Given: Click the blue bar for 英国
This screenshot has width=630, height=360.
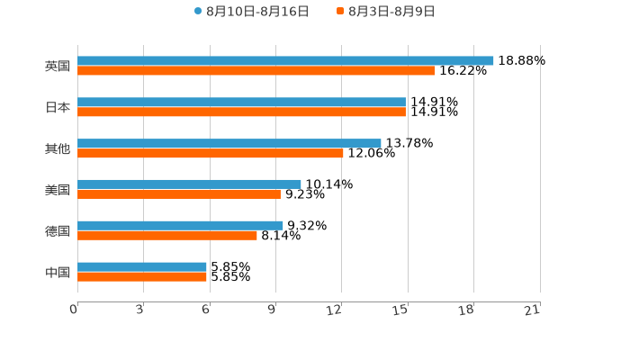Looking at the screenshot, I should (x=285, y=60).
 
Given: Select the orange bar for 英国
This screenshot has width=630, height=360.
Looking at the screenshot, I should (x=256, y=70).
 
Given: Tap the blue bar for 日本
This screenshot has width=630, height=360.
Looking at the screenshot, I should (x=241, y=102).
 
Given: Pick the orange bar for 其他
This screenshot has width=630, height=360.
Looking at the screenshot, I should (x=211, y=153).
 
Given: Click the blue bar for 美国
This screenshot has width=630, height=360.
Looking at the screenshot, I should (x=189, y=184).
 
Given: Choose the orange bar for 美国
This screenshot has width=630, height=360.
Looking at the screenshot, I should (x=179, y=193).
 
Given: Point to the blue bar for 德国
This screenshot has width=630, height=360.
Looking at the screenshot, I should (x=180, y=225).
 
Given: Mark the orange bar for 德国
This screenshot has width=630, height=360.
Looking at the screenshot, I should (x=167, y=235).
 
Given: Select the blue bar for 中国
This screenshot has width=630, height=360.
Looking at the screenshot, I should (x=142, y=266).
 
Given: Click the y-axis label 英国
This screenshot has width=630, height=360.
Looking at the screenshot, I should (x=58, y=66).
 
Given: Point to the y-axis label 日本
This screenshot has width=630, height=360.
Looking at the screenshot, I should (x=58, y=107).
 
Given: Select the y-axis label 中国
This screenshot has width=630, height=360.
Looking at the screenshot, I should (x=58, y=272).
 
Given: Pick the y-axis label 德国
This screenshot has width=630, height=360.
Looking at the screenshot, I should (x=58, y=230).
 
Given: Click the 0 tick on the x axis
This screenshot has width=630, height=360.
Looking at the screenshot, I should (x=74, y=310).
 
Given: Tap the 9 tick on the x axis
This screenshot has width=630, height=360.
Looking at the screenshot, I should (x=272, y=310).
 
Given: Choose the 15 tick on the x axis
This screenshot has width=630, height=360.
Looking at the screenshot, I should (x=400, y=310).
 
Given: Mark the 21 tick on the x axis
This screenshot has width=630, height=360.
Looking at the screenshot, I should (x=532, y=310).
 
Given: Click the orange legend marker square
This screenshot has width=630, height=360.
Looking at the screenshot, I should (x=340, y=12).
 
